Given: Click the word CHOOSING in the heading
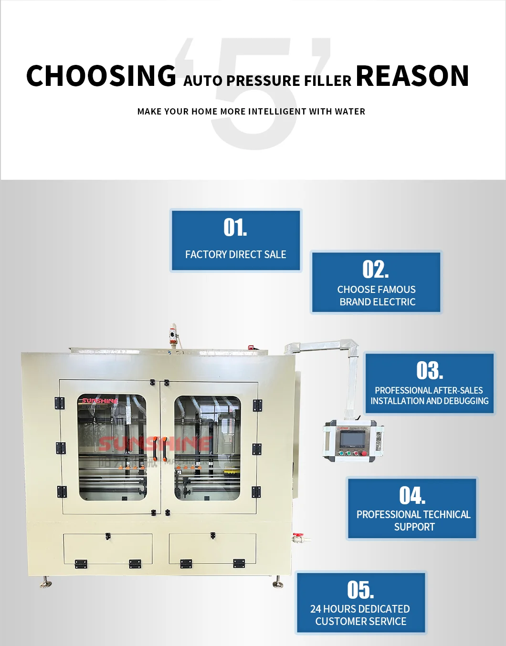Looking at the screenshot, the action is coord(101,76).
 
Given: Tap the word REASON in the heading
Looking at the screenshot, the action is coord(412,76).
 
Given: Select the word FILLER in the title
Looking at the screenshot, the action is coord(327,81).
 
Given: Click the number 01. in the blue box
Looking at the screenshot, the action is coord(235,228).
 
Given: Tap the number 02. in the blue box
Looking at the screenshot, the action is coord(376,270).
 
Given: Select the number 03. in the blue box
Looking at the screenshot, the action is coord(430,371).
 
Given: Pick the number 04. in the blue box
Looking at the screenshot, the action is coord(412,496).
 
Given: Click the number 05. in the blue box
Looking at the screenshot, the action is coord(360,590).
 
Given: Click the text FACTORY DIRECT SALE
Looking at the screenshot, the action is coord(235,255).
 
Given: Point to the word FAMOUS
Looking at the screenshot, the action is coord(396,290).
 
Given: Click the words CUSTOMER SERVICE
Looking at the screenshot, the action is coord(360,622).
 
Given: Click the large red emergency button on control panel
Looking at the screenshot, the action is coord(364,453).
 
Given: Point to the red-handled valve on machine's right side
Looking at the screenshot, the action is coord(298,537).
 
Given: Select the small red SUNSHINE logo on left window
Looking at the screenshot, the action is coord(99,401).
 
